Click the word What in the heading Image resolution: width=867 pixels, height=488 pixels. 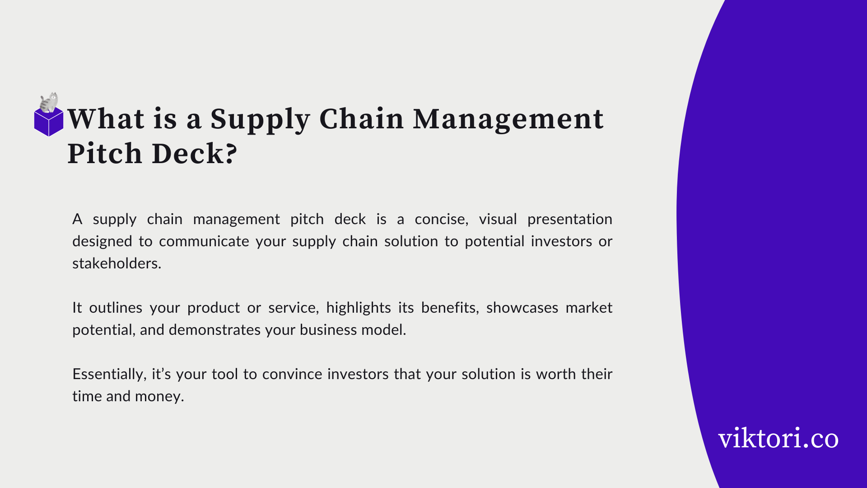click(106, 119)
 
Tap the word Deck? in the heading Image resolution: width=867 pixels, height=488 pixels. click(195, 153)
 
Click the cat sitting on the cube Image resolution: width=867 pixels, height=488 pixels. click(49, 103)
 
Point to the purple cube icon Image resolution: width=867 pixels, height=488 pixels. click(49, 122)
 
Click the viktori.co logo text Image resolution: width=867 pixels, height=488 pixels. click(778, 438)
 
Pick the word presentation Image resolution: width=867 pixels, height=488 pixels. click(570, 220)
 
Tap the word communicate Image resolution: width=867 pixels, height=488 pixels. click(204, 241)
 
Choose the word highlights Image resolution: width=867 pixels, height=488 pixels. click(359, 309)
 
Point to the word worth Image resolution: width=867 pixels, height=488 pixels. click(556, 374)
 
